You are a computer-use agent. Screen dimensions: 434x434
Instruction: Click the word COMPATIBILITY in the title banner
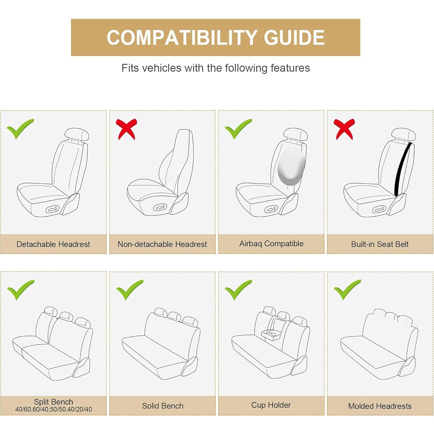tap(182, 38)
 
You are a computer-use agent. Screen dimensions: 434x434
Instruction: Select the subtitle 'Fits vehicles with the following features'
tap(215, 68)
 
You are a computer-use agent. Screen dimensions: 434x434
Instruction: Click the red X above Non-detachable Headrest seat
tap(126, 129)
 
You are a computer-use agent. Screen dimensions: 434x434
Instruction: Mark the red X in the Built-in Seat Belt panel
tap(344, 129)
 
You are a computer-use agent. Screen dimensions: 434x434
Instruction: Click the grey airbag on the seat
tap(291, 167)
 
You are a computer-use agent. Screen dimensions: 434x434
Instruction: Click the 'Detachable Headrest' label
tap(53, 244)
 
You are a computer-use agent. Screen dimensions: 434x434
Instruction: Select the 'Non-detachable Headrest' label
tap(162, 244)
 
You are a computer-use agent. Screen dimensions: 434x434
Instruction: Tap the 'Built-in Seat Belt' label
tap(380, 244)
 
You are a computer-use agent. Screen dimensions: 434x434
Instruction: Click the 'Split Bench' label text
tap(53, 402)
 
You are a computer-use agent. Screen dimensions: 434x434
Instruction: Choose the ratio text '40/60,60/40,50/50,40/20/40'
tap(53, 409)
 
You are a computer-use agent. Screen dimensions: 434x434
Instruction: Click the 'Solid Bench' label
tap(163, 406)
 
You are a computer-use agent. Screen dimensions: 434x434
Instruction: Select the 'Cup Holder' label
tap(271, 405)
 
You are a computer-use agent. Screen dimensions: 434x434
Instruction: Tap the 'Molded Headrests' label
tap(380, 406)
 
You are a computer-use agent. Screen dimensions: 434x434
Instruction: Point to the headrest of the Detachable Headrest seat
tap(76, 134)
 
